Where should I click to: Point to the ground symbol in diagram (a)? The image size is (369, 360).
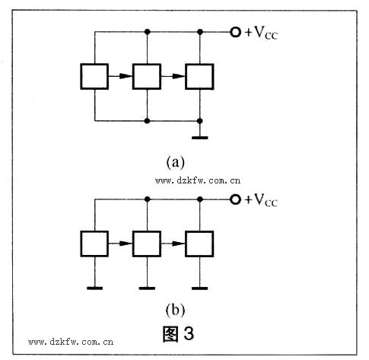(200, 138)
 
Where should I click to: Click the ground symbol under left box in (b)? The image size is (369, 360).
(94, 288)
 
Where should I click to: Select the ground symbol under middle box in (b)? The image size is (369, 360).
(147, 288)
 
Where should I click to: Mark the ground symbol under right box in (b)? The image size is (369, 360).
(200, 288)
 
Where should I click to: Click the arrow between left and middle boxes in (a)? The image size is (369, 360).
(121, 76)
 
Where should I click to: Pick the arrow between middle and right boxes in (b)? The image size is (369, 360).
(173, 244)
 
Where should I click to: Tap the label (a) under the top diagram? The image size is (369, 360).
(175, 162)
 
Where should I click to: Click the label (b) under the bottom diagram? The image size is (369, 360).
(175, 310)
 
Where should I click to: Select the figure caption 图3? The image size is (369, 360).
(178, 333)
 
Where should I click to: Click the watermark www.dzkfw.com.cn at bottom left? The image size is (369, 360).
(71, 342)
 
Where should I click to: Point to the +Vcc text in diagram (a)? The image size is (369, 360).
(261, 33)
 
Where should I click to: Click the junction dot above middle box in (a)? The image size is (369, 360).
(147, 32)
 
